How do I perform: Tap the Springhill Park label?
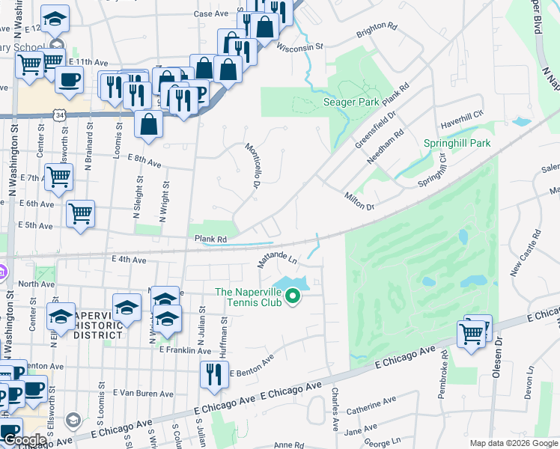(x=457, y=143)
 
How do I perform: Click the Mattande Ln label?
(x=278, y=261)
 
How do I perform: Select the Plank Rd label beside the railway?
(x=210, y=238)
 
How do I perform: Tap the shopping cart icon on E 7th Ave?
(x=59, y=178)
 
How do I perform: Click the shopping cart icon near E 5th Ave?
(x=80, y=214)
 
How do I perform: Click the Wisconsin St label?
(x=299, y=46)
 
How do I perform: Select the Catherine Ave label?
(x=371, y=409)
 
